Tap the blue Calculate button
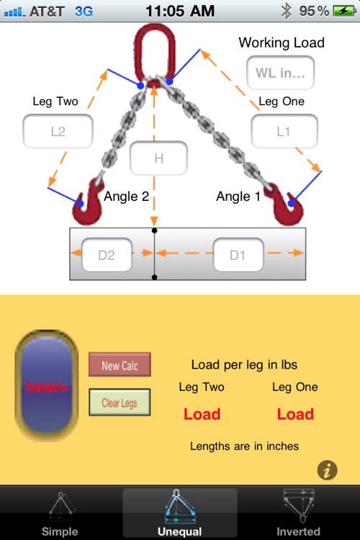[47, 387]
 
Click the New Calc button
[120, 365]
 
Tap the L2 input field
[58, 132]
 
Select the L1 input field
[284, 132]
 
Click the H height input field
[158, 158]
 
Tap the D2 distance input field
[107, 255]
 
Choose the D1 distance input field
[238, 255]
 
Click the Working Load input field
[281, 73]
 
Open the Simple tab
[60, 513]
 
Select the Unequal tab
[180, 513]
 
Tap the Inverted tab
[298, 513]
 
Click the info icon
[328, 471]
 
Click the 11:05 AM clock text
[179, 11]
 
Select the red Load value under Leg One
[295, 414]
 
